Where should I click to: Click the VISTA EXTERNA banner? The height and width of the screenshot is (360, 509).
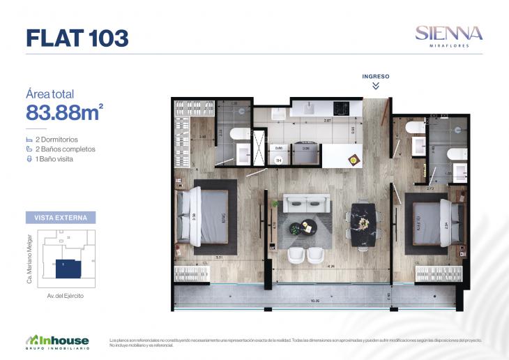coord(60,217)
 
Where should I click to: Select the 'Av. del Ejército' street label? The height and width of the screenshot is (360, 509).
coord(61,297)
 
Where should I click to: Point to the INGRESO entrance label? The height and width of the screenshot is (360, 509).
coord(375,75)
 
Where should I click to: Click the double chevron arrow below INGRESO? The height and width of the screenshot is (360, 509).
coord(375,86)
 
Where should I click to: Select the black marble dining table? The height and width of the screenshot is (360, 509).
coord(363,225)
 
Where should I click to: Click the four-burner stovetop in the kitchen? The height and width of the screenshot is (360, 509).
coord(341,108)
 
